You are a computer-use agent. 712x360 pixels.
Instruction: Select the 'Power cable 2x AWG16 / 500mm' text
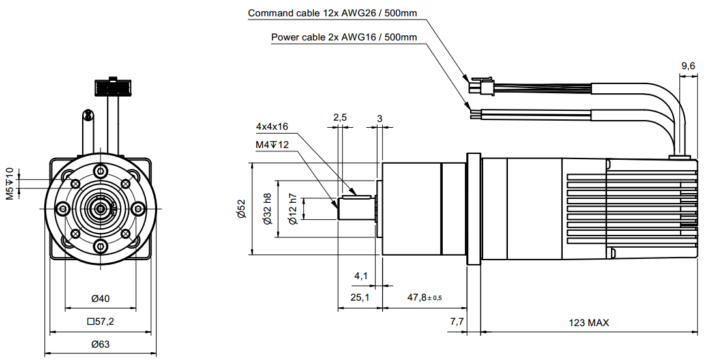[x=344, y=37]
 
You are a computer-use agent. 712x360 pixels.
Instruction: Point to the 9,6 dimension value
[x=688, y=66]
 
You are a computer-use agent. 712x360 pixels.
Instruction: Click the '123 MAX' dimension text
[x=589, y=322]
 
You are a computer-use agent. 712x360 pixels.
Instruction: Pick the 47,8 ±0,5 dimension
[x=424, y=297]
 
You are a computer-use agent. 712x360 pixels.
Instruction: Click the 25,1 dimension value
[x=360, y=297]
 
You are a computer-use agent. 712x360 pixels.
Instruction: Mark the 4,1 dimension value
[x=361, y=276]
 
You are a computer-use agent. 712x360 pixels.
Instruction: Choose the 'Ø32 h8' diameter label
[x=267, y=209]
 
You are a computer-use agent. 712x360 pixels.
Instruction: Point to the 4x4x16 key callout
[x=272, y=127]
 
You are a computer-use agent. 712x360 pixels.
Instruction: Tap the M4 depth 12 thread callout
[x=272, y=144]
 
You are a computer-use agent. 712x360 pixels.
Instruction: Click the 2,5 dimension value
[x=340, y=117]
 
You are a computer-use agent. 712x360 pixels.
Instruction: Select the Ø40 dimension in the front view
[x=100, y=299]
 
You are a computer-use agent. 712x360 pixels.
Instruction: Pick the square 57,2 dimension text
[x=100, y=322]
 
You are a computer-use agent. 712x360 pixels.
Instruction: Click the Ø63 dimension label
[x=100, y=344]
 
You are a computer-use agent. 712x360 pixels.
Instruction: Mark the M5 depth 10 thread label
[x=10, y=183]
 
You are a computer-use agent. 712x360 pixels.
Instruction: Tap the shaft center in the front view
[x=101, y=208]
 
